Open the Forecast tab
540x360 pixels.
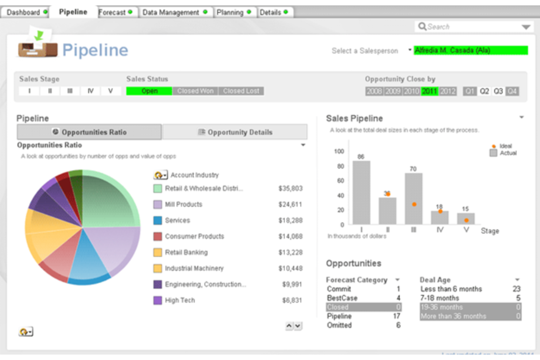click(112, 12)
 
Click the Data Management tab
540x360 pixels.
click(171, 12)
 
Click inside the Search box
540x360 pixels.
click(471, 27)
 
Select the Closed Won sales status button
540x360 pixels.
click(195, 91)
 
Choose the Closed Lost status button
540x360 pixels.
click(241, 91)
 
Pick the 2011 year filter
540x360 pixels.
click(429, 91)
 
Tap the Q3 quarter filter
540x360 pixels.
click(498, 91)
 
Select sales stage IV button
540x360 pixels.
click(90, 91)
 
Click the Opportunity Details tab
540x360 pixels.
click(235, 132)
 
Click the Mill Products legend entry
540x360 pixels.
click(184, 204)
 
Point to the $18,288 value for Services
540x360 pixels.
click(290, 220)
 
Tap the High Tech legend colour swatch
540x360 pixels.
click(158, 301)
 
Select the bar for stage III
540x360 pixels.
click(413, 199)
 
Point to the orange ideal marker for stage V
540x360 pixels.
click(466, 220)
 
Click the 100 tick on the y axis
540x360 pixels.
click(339, 151)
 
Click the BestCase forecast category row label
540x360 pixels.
click(342, 298)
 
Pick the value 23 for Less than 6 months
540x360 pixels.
click(516, 289)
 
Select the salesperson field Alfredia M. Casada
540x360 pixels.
click(471, 50)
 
